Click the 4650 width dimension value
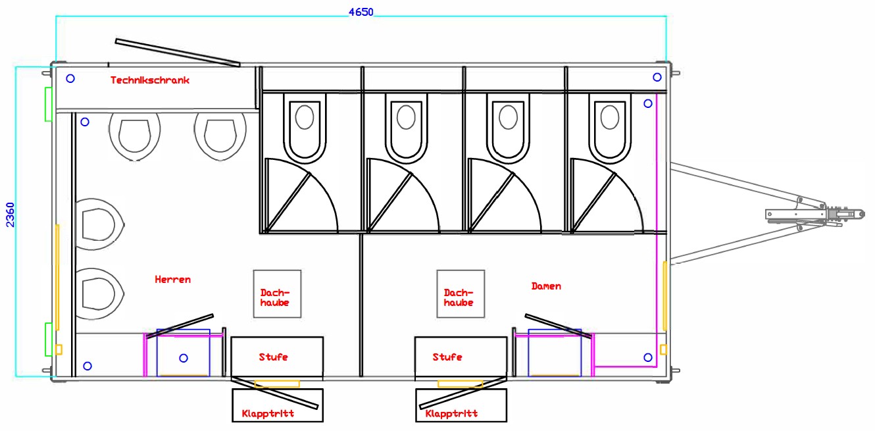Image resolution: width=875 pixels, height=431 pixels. (x=361, y=12)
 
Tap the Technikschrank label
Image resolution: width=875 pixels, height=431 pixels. (x=150, y=80)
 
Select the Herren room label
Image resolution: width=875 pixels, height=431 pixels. (x=173, y=280)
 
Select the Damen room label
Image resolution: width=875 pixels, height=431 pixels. (x=546, y=286)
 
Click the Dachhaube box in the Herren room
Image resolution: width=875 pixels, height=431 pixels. (x=277, y=294)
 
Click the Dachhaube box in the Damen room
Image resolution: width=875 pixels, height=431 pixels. (x=461, y=294)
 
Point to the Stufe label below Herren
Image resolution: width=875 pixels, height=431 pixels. (x=273, y=357)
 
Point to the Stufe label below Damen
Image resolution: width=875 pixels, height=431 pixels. (x=447, y=357)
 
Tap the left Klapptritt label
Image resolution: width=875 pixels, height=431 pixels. (x=268, y=414)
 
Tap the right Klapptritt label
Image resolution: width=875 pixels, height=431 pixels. (x=451, y=414)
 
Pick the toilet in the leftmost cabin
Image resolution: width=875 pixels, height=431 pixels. (x=305, y=128)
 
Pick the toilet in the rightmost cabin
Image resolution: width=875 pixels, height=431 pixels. (x=609, y=128)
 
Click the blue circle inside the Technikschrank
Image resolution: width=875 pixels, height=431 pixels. (x=70, y=78)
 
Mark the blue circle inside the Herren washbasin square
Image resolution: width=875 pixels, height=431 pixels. (x=184, y=358)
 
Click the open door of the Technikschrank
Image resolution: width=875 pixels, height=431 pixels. (x=177, y=52)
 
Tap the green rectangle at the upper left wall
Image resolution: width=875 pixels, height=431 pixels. (x=48, y=104)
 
